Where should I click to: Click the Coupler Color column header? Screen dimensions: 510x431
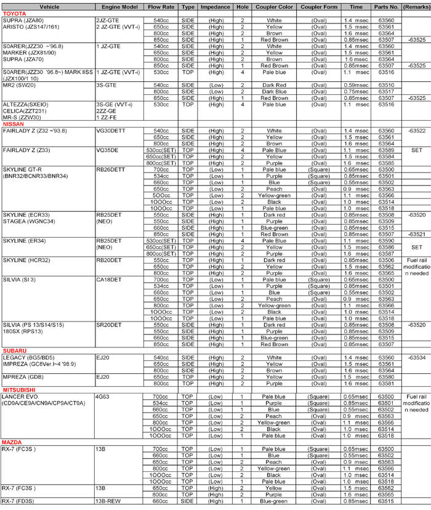click(x=273, y=6)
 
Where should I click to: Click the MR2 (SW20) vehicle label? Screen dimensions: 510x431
click(x=18, y=84)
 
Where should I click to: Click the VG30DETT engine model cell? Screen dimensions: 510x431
click(x=111, y=131)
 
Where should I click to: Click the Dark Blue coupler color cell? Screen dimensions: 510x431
click(x=273, y=91)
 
